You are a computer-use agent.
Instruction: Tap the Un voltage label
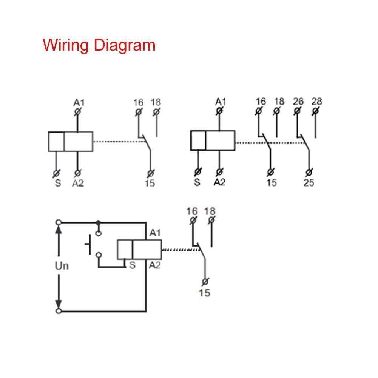pyautogui.click(x=62, y=266)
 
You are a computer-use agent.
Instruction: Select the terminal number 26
pyautogui.click(x=298, y=101)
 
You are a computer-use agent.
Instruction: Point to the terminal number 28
pyautogui.click(x=316, y=101)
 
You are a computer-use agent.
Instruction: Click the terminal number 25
pyautogui.click(x=309, y=183)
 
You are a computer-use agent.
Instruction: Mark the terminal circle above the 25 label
pyautogui.click(x=309, y=172)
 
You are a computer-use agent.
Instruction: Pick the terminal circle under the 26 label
pyautogui.click(x=297, y=111)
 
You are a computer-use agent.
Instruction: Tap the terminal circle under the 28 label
pyautogui.click(x=315, y=111)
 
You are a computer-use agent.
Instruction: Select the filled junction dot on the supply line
pyautogui.click(x=98, y=222)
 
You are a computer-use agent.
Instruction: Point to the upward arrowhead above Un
pyautogui.click(x=58, y=230)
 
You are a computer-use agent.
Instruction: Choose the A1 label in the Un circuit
pyautogui.click(x=155, y=233)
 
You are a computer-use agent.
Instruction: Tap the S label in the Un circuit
pyautogui.click(x=132, y=265)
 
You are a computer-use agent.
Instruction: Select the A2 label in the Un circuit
pyautogui.click(x=154, y=265)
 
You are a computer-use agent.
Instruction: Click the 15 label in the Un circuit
pyautogui.click(x=204, y=293)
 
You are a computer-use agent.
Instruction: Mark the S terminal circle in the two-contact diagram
pyautogui.click(x=197, y=172)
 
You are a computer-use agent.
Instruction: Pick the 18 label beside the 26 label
pyautogui.click(x=279, y=101)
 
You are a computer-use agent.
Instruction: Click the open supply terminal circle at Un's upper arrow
pyautogui.click(x=58, y=222)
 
